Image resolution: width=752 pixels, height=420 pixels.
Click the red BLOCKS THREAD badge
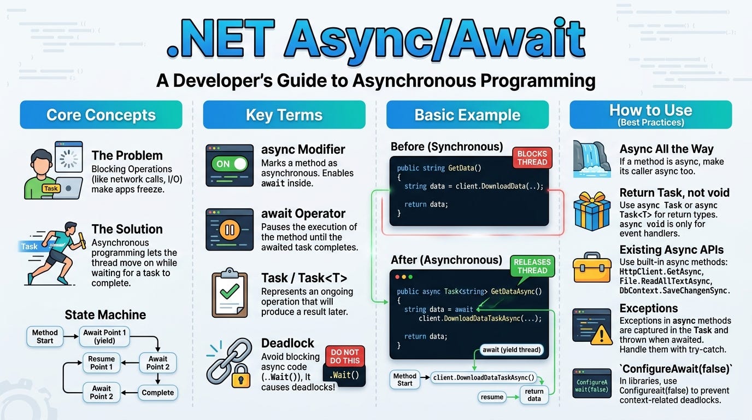(x=532, y=157)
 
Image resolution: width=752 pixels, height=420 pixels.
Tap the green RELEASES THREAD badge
(x=532, y=266)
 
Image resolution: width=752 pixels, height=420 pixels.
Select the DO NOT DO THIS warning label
(x=345, y=357)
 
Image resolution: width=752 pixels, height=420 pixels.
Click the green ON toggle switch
(x=230, y=164)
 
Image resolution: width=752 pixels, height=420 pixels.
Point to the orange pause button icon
(x=230, y=230)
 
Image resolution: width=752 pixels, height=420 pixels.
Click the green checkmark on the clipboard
(x=230, y=291)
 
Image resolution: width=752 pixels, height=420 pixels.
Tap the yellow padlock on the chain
(x=240, y=376)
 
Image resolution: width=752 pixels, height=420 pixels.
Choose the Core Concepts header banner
(x=101, y=115)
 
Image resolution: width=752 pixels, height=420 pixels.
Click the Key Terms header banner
(x=284, y=115)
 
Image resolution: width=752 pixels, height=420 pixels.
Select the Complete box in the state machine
(x=158, y=393)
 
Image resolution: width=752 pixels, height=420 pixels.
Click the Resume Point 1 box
(x=102, y=363)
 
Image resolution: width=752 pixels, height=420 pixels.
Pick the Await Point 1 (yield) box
(x=104, y=336)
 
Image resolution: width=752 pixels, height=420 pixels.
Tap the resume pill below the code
(x=492, y=397)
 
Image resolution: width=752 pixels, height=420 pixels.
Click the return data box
(x=534, y=395)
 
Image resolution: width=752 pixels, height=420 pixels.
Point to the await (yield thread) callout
(x=512, y=350)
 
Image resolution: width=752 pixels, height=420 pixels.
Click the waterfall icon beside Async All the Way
(x=591, y=159)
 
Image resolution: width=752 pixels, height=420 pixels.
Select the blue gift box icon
(x=592, y=211)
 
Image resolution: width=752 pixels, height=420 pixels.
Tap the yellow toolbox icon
(x=592, y=268)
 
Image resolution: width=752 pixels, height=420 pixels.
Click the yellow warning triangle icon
(x=601, y=335)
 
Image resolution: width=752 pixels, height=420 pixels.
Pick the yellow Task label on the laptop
(x=51, y=189)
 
